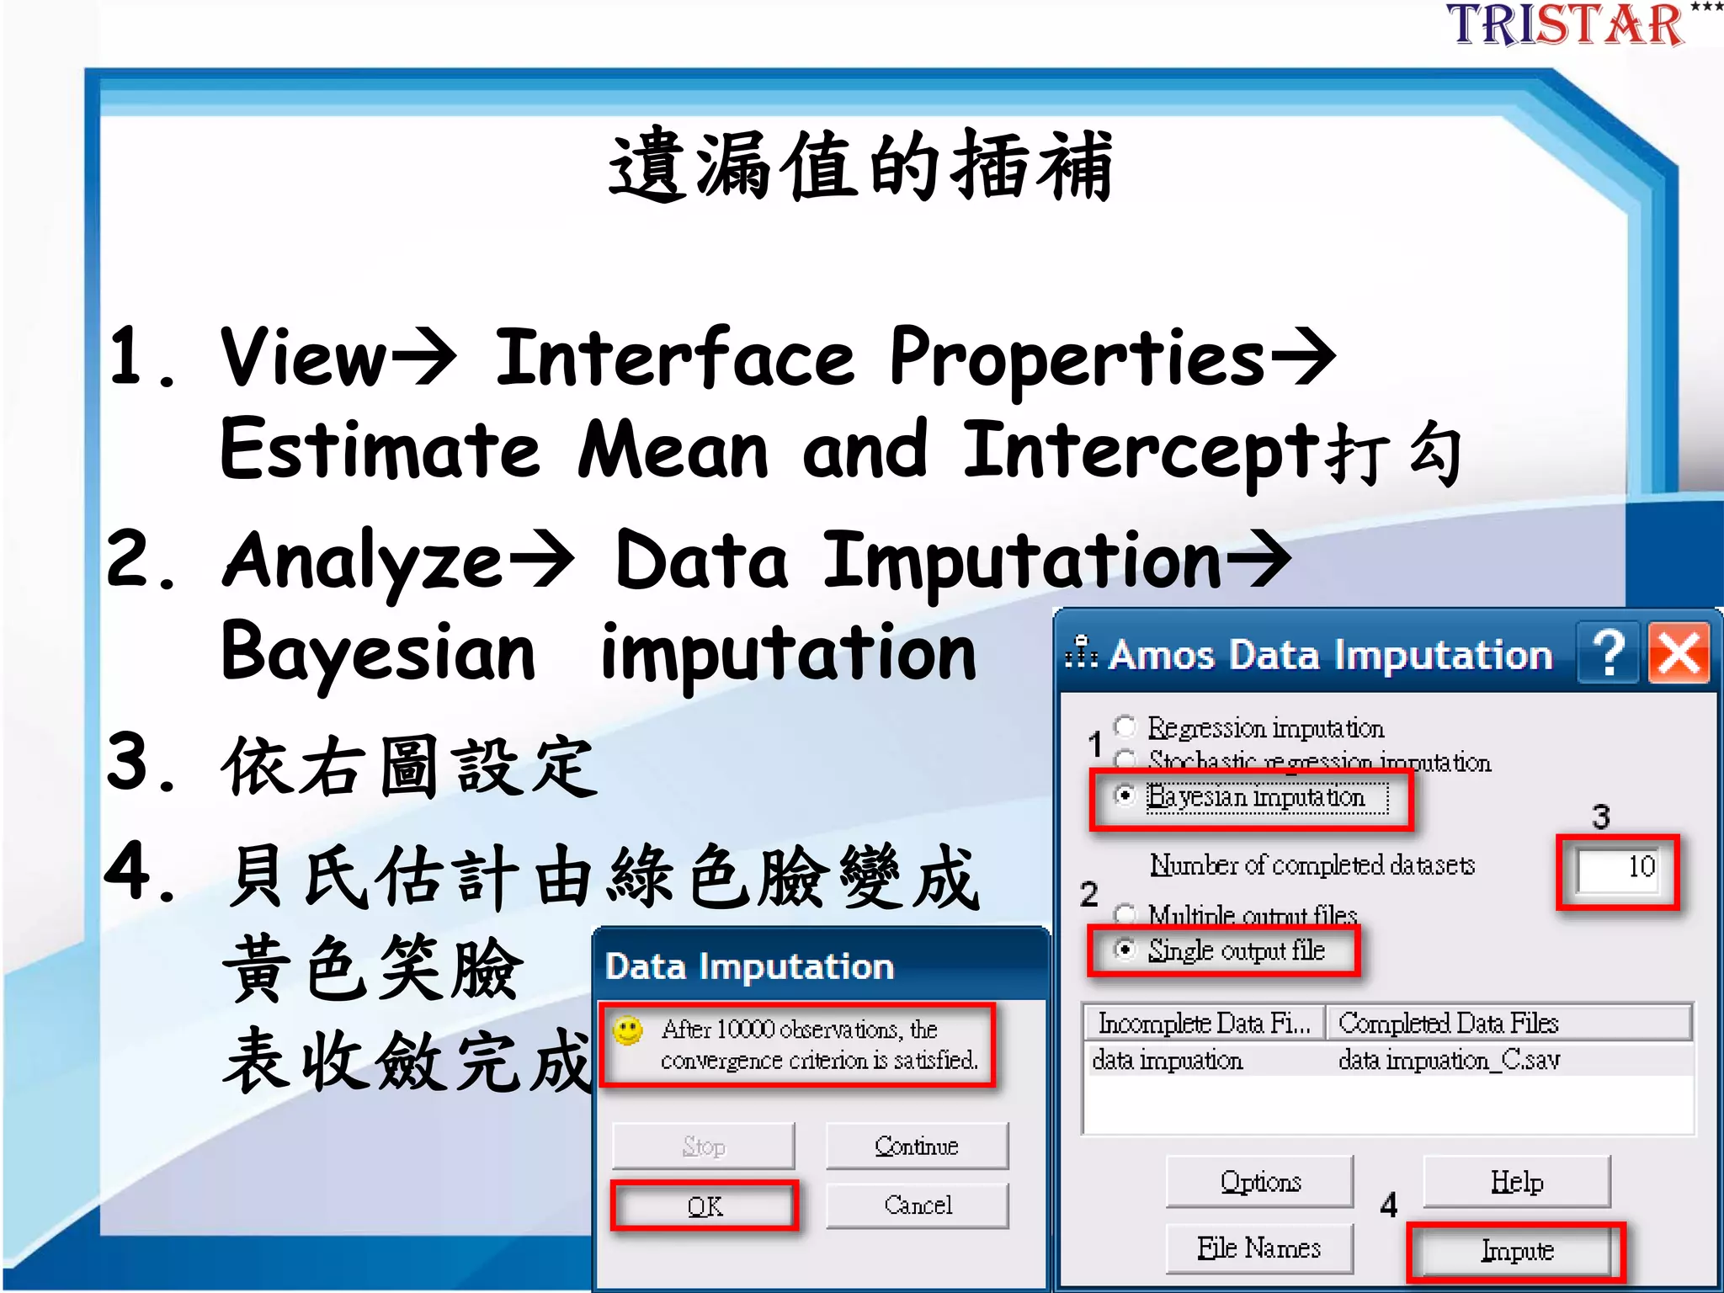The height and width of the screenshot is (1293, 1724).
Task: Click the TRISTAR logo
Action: [x=1566, y=25]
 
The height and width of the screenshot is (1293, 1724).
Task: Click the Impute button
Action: [x=1516, y=1251]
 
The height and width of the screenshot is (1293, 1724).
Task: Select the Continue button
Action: [x=917, y=1146]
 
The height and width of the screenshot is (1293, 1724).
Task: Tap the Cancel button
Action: [x=917, y=1205]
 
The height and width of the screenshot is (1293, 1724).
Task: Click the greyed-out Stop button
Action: [x=703, y=1146]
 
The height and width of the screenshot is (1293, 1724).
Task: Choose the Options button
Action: [x=1260, y=1182]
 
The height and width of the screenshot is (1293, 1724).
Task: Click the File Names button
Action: [x=1259, y=1248]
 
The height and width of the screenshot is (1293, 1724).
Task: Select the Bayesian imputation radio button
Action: [x=1125, y=795]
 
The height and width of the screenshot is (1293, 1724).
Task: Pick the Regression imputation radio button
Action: [x=1125, y=726]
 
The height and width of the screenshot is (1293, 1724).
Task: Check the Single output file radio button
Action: [x=1125, y=950]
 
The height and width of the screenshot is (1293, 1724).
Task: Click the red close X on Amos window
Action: [x=1679, y=654]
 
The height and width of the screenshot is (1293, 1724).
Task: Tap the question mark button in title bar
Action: [x=1609, y=654]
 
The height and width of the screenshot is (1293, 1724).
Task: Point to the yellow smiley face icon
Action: [x=628, y=1030]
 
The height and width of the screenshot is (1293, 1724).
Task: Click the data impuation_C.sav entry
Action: [x=1449, y=1060]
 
